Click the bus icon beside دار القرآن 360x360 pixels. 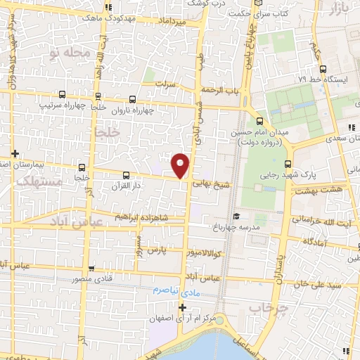click(126, 174)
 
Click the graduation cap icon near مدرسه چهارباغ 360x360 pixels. click(236, 217)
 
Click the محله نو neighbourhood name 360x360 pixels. click(68, 52)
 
